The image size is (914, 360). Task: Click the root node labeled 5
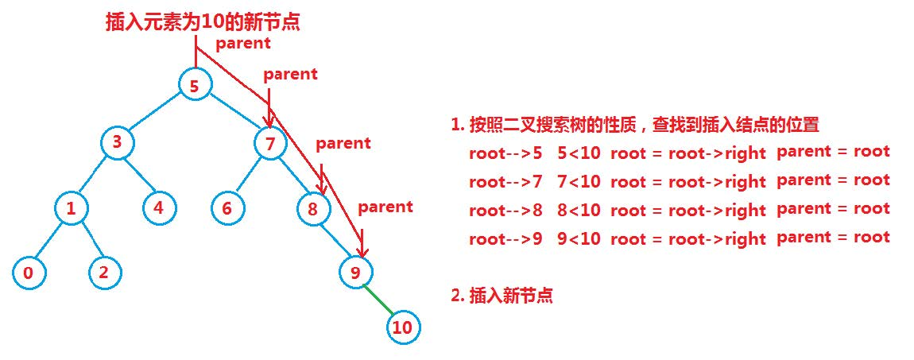point(195,85)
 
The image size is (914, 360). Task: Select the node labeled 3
point(118,143)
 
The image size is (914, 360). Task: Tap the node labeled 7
point(270,144)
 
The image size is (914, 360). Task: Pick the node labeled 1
point(72,208)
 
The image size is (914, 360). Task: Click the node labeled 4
point(160,208)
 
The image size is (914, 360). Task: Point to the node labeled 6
point(228,208)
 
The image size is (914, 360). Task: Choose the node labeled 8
point(312,209)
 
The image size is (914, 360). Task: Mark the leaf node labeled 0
point(29,273)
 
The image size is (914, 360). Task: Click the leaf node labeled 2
point(104,273)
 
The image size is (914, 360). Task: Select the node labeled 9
point(355,273)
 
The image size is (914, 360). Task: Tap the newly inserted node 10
point(403,327)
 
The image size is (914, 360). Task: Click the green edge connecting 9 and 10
point(378,300)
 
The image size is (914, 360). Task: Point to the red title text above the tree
point(203,22)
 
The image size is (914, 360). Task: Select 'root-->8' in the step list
point(505,210)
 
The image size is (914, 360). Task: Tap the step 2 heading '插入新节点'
point(502,296)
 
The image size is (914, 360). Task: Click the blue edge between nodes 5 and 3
point(156,114)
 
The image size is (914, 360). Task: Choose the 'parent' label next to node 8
point(343,144)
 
